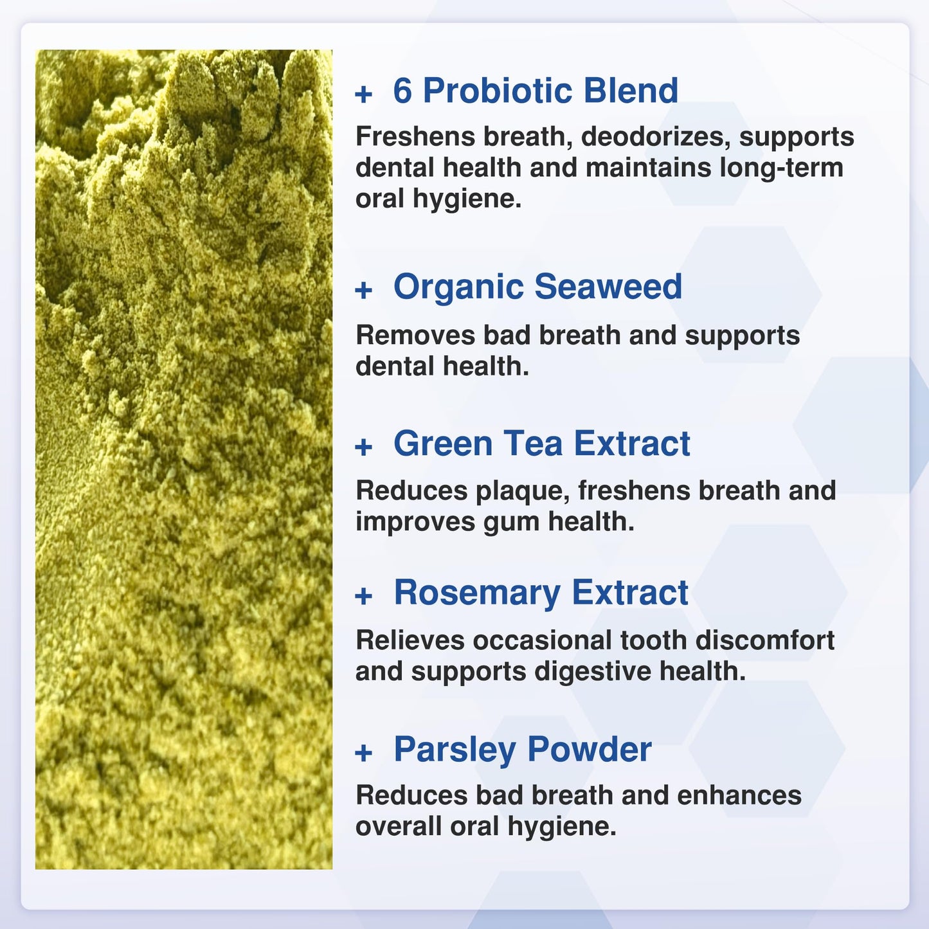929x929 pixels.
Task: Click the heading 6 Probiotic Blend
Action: [x=535, y=91]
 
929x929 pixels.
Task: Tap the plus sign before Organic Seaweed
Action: [x=364, y=290]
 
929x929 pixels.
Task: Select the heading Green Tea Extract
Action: [x=541, y=444]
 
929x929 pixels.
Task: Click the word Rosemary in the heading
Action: [x=476, y=593]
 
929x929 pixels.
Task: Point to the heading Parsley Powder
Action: [x=522, y=750]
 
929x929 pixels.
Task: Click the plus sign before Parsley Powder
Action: [x=364, y=752]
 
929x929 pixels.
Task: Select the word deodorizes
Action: [x=655, y=137]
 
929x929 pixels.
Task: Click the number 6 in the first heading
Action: [x=402, y=91]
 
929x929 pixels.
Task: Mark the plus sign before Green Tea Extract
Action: [x=364, y=447]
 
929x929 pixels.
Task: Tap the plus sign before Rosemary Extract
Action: [x=364, y=596]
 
